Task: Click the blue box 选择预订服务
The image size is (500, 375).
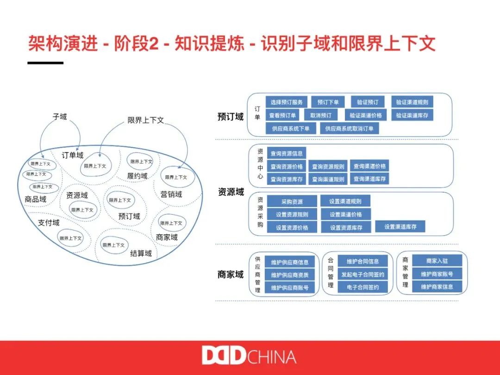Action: pyautogui.click(x=287, y=102)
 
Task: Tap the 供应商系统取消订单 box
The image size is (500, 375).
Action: pyautogui.click(x=350, y=128)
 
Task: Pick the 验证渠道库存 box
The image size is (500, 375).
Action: pyautogui.click(x=412, y=115)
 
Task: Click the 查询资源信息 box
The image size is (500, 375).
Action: pyautogui.click(x=287, y=153)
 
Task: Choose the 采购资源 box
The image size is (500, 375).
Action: pyautogui.click(x=292, y=201)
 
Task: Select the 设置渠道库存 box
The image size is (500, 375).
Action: pyautogui.click(x=400, y=226)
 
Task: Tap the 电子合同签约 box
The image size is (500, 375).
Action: pyautogui.click(x=363, y=287)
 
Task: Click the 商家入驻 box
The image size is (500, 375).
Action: pyautogui.click(x=437, y=261)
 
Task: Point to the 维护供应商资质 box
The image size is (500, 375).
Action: pyautogui.click(x=290, y=275)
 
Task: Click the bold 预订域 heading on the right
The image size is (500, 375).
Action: pyautogui.click(x=231, y=116)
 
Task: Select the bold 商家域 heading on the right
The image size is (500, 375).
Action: pyautogui.click(x=231, y=275)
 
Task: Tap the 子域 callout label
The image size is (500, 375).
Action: pyautogui.click(x=60, y=117)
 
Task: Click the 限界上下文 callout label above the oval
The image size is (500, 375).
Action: pyautogui.click(x=146, y=120)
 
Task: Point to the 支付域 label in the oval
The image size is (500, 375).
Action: pyautogui.click(x=49, y=223)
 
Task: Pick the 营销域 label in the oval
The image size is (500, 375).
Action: pyautogui.click(x=171, y=194)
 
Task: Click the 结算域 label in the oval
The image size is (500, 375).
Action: pyautogui.click(x=141, y=253)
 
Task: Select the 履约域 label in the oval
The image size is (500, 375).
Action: pyautogui.click(x=137, y=176)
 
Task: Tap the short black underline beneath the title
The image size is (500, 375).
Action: pyautogui.click(x=45, y=62)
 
